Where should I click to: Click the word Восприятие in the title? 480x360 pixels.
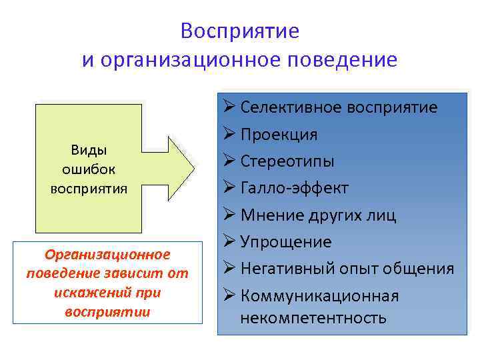click(239, 31)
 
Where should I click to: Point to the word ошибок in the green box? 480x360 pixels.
click(89, 169)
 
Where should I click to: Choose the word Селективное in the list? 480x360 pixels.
click(286, 107)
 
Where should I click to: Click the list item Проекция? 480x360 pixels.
click(279, 135)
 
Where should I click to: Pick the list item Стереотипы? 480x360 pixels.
click(287, 161)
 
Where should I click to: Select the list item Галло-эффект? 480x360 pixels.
click(294, 189)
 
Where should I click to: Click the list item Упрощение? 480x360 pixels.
click(285, 242)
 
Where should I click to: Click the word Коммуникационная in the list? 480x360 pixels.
click(319, 295)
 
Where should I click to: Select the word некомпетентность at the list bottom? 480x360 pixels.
click(313, 317)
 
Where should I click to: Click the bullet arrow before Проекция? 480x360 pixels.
click(229, 135)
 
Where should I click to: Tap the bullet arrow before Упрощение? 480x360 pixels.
click(229, 242)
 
